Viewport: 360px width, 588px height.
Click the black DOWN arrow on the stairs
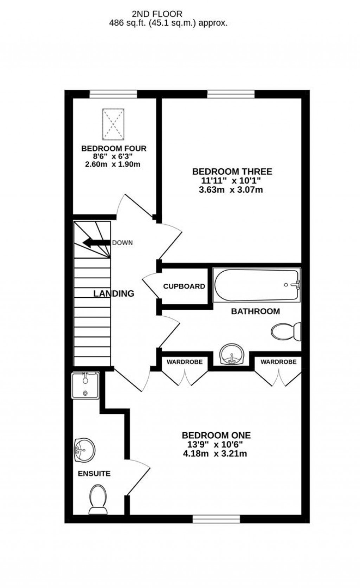96,243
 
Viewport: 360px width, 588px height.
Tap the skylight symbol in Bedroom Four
113,124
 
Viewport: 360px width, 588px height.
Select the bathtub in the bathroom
257,285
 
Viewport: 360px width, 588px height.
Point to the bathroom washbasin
231,354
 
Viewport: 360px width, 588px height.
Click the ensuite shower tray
85,385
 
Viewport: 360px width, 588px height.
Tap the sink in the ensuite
84,450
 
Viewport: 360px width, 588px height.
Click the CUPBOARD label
184,286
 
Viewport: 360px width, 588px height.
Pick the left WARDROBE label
185,362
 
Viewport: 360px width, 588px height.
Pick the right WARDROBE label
278,362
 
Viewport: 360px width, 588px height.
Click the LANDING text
114,293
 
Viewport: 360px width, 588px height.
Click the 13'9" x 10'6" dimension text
216,445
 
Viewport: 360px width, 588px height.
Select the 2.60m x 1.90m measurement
113,164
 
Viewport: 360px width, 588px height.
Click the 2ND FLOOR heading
157,14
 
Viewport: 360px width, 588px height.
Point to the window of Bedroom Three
231,94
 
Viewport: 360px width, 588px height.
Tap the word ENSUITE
94,473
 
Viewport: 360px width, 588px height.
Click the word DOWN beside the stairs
122,243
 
